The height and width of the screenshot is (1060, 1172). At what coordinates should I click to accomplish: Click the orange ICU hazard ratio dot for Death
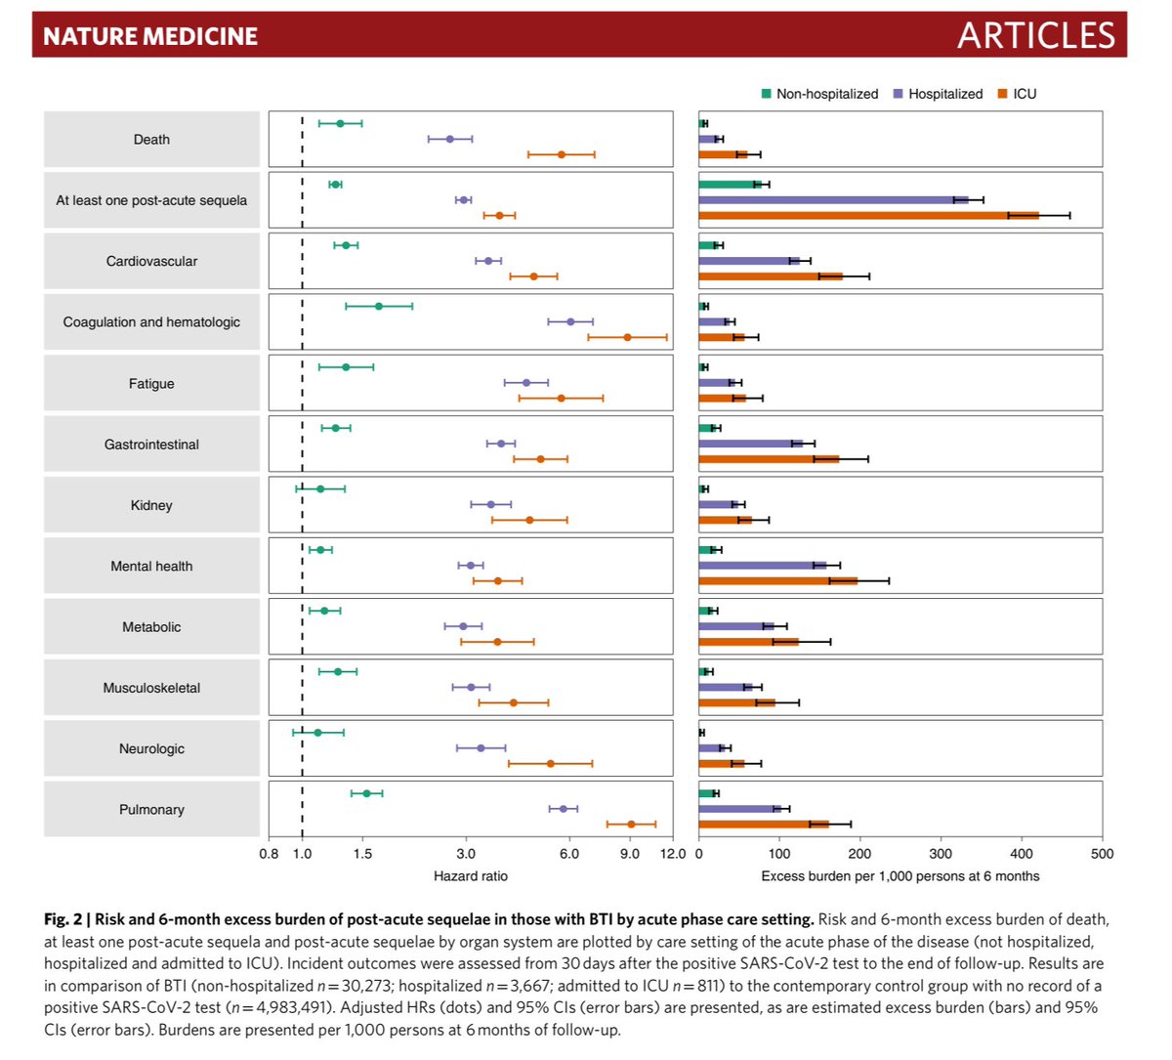[562, 154]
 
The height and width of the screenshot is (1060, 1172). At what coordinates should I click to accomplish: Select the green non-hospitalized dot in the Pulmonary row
[366, 793]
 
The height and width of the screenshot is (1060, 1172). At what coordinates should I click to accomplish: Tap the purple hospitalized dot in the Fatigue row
[526, 383]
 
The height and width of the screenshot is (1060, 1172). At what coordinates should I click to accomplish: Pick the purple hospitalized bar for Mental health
[762, 566]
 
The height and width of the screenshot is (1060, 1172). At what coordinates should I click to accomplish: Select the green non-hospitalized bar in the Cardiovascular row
[708, 245]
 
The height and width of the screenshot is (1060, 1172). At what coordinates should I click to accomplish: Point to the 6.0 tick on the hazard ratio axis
[568, 854]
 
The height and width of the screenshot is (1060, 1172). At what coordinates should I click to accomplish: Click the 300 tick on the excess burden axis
[941, 854]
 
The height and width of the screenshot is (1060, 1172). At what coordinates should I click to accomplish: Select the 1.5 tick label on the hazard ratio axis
[362, 854]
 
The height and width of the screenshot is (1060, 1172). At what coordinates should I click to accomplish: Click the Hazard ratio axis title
[471, 876]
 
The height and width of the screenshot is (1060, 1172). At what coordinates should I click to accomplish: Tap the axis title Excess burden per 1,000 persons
[900, 876]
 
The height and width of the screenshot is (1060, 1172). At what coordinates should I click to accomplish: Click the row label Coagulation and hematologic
[151, 322]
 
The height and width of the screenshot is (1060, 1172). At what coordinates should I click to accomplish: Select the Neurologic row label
[151, 749]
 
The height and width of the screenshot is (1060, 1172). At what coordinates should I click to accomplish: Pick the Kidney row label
[151, 505]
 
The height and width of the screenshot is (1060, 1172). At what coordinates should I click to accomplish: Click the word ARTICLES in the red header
[1035, 36]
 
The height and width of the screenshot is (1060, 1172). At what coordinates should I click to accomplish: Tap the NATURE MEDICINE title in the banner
[150, 36]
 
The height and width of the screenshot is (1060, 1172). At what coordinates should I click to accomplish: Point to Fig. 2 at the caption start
[63, 919]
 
